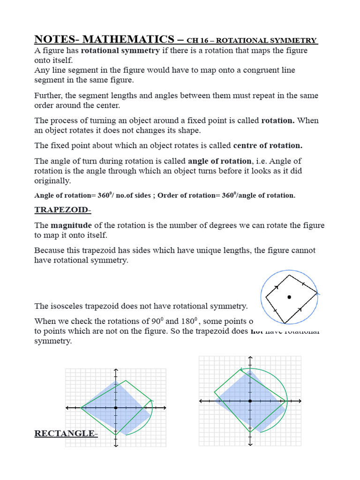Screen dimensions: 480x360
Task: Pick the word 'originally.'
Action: click(x=52, y=180)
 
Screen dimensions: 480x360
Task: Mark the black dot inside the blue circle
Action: click(x=289, y=297)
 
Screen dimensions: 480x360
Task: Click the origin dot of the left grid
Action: click(x=115, y=408)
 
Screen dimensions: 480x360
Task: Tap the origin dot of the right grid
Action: click(x=250, y=401)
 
